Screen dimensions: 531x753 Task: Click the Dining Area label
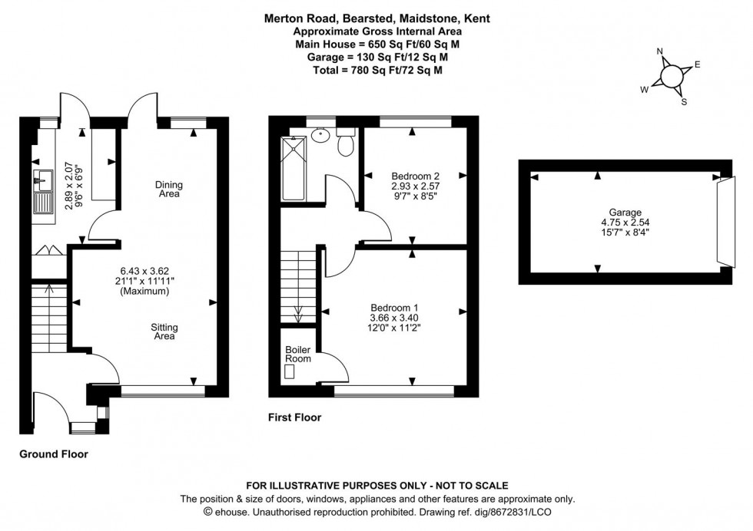point(168,189)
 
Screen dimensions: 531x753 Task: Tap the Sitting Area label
point(164,332)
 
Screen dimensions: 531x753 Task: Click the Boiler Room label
point(298,354)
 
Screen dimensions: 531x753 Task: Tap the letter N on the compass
point(659,53)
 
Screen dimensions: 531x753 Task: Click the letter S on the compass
point(683,101)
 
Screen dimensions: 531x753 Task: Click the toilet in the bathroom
point(347,142)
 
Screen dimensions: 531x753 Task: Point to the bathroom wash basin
point(321,136)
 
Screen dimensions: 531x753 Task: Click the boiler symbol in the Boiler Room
point(290,372)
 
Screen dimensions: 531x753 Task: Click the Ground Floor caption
point(54,454)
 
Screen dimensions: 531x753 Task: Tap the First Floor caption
point(294,418)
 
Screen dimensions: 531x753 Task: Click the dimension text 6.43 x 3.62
point(144,270)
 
